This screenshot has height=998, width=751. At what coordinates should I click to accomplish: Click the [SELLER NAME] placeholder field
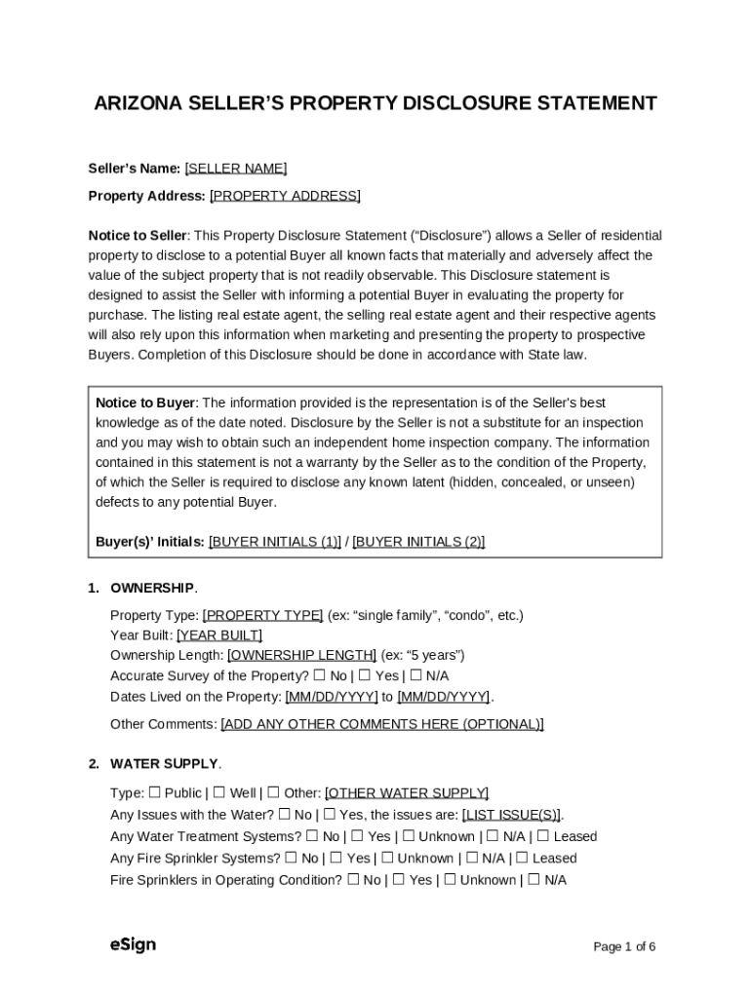[x=235, y=169]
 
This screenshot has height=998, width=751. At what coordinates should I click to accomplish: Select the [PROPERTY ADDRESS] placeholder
[x=285, y=196]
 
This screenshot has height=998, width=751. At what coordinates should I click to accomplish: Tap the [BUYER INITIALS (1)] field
[x=274, y=542]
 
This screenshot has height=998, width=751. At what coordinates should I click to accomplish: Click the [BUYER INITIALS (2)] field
[x=418, y=542]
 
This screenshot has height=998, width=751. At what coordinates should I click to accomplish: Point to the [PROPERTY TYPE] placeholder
[x=262, y=615]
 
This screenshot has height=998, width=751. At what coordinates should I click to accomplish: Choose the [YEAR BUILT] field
[x=219, y=635]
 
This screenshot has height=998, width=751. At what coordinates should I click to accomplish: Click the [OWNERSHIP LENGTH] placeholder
[x=301, y=655]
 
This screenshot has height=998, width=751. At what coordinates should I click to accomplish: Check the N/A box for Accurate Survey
[x=415, y=675]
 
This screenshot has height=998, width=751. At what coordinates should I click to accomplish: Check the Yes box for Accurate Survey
[x=364, y=675]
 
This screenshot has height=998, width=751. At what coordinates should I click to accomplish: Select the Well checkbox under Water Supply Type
[x=219, y=793]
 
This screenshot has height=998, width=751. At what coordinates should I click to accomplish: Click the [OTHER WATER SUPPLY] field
[x=407, y=793]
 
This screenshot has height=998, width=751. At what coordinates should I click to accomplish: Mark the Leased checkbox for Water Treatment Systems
[x=543, y=836]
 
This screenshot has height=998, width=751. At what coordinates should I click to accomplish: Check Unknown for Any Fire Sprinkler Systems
[x=387, y=859]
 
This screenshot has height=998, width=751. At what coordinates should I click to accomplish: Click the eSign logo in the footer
[x=133, y=944]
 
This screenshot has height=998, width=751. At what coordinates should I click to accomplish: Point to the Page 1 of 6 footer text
[x=624, y=946]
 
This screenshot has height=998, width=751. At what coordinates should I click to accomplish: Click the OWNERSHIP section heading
[x=152, y=589]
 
